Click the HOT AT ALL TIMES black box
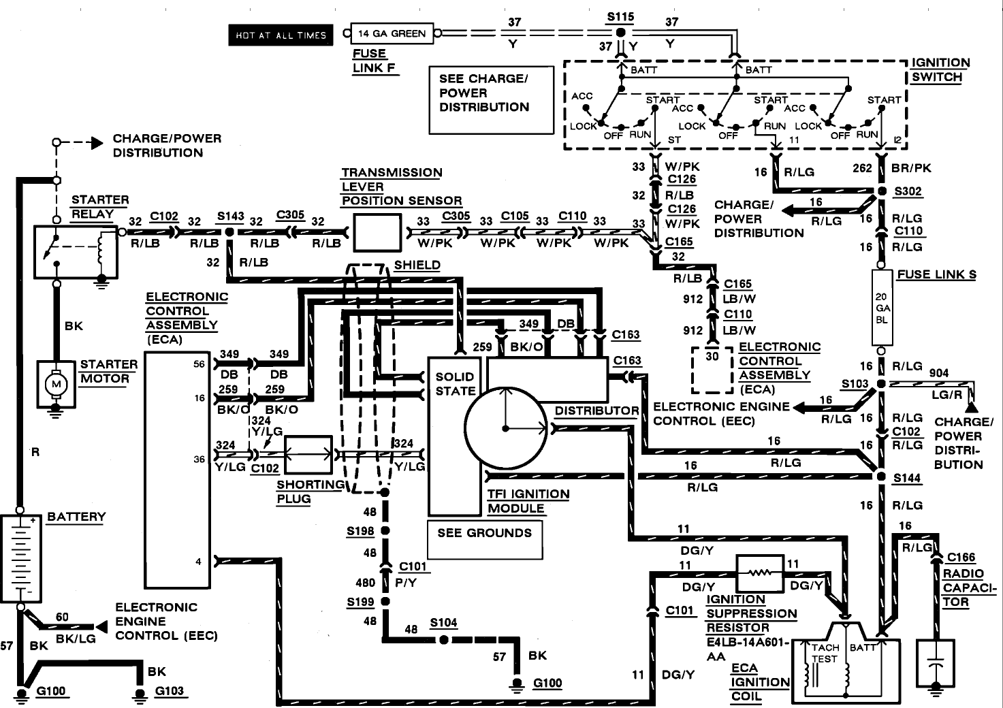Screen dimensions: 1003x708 tap(281, 35)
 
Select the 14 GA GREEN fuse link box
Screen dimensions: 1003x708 tap(392, 33)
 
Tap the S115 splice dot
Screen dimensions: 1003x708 tap(620, 33)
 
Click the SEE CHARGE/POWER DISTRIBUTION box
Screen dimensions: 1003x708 tap(491, 100)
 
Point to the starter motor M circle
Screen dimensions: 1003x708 tap(57, 384)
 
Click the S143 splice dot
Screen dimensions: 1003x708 tap(229, 232)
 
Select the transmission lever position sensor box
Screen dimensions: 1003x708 tap(377, 233)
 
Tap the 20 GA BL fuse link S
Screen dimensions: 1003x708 tap(882, 308)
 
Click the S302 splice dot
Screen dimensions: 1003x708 tap(882, 191)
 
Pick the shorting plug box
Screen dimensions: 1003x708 tap(308, 455)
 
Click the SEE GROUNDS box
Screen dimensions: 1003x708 tap(485, 539)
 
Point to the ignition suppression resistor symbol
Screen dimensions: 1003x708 tap(760, 573)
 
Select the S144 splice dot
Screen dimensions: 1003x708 tap(881, 477)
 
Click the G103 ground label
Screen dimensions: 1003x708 tap(170, 691)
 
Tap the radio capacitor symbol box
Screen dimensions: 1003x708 tap(936, 664)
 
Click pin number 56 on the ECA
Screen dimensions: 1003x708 tap(200, 364)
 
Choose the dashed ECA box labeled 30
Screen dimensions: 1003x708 tap(712, 370)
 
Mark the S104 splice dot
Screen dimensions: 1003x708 tap(444, 640)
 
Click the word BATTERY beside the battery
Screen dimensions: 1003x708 tap(76, 517)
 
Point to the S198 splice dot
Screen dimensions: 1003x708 tap(385, 531)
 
